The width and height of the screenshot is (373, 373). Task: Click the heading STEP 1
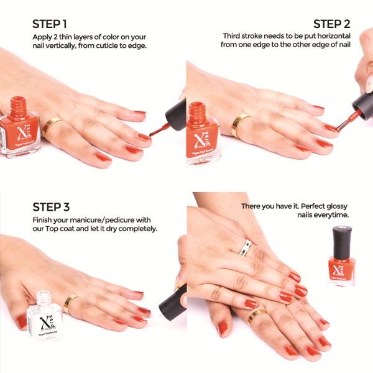pyautogui.click(x=50, y=24)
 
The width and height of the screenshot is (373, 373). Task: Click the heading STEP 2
pyautogui.click(x=331, y=24)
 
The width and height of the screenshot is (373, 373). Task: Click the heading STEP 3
pyautogui.click(x=52, y=207)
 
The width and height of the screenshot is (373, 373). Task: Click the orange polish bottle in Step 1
pyautogui.click(x=24, y=127)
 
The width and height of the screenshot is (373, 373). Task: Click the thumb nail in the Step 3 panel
pyautogui.click(x=22, y=322)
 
